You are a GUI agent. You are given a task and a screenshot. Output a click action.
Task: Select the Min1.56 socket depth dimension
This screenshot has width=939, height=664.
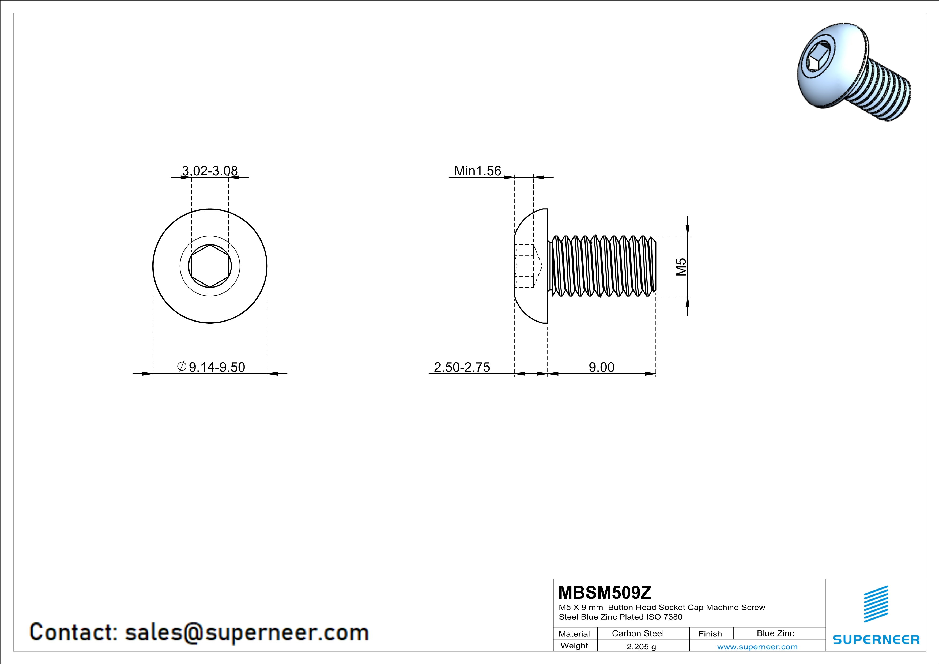477,171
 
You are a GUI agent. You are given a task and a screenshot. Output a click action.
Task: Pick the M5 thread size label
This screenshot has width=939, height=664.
681,267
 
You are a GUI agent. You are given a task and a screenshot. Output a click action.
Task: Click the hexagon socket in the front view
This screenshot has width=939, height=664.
210,266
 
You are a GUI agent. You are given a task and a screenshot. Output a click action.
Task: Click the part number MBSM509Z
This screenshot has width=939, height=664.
605,593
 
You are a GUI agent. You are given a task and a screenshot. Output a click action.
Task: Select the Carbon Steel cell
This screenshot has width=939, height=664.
638,633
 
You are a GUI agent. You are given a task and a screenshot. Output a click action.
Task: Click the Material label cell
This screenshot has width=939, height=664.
574,634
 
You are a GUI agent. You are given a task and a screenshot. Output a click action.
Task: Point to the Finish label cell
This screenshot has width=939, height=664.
710,634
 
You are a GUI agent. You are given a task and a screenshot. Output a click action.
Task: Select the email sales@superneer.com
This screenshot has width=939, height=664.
247,632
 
